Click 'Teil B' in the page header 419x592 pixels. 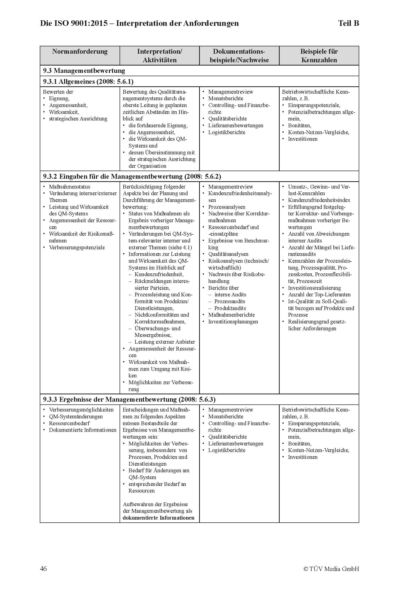pyautogui.click(x=348, y=24)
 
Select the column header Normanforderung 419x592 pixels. pyautogui.click(x=80, y=52)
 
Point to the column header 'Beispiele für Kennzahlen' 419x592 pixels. pyautogui.click(x=319, y=56)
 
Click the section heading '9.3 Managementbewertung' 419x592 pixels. pyautogui.click(x=84, y=71)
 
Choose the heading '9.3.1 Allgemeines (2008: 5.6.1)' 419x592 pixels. pyautogui.click(x=88, y=82)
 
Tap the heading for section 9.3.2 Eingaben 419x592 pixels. pyautogui.click(x=132, y=177)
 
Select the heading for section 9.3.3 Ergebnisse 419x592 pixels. pyautogui.click(x=129, y=400)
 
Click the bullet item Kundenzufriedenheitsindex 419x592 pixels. pyautogui.click(x=319, y=200)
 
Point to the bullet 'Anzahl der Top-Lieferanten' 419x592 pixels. pyautogui.click(x=319, y=294)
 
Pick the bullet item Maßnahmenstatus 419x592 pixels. pyautogui.click(x=70, y=187)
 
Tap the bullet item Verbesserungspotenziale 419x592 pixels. pyautogui.click(x=77, y=248)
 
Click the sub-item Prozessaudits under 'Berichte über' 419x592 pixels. pyautogui.click(x=230, y=301)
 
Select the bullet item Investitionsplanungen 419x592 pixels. pyautogui.click(x=233, y=321)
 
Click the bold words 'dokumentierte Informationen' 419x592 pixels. pyautogui.click(x=158, y=518)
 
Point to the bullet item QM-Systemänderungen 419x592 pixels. pyautogui.click(x=76, y=417)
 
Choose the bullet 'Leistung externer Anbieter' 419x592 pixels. pyautogui.click(x=165, y=342)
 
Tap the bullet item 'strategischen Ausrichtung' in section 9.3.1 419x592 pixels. pyautogui.click(x=78, y=119)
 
